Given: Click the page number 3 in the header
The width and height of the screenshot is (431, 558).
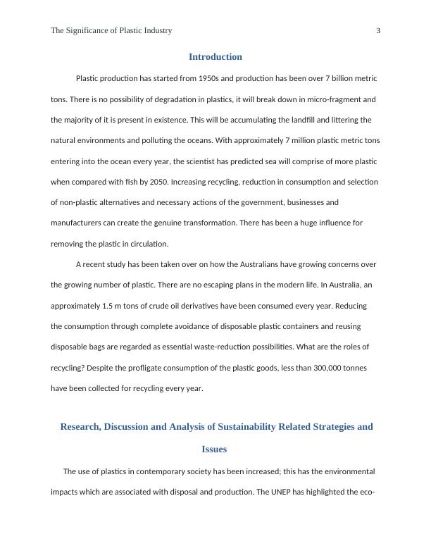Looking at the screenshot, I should tap(378, 31).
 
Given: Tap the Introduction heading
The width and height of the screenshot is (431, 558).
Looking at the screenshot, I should tap(216, 57).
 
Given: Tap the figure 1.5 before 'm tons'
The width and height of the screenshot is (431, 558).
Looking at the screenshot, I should tap(106, 306).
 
